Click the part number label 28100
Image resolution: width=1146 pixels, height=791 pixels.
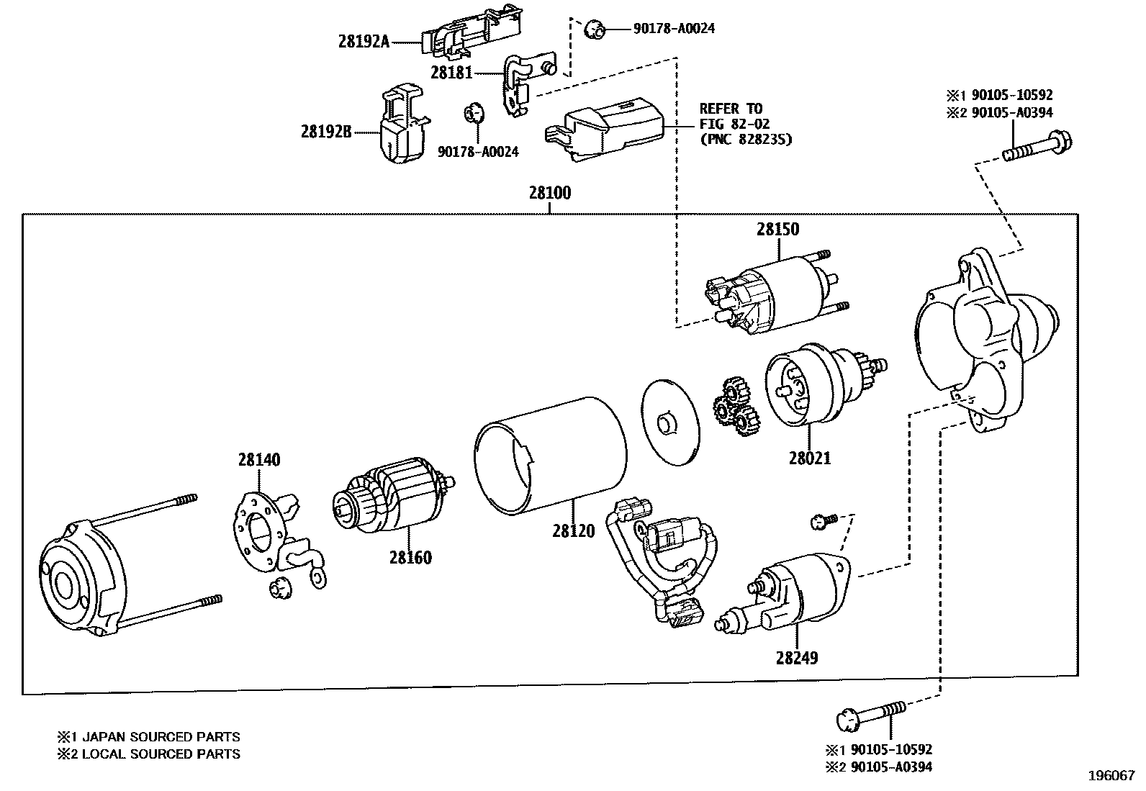549,193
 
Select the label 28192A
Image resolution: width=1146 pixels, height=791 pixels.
364,42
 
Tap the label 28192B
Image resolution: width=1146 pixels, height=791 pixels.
325,132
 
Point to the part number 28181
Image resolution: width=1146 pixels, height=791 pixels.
451,72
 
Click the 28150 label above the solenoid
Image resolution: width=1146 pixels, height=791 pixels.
777,230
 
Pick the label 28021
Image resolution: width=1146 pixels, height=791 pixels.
809,458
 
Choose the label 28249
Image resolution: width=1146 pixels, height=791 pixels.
797,657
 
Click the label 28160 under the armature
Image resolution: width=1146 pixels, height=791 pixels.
410,557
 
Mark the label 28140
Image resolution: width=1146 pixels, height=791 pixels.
259,460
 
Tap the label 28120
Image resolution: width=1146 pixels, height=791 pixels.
574,531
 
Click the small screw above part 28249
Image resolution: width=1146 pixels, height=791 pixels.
823,521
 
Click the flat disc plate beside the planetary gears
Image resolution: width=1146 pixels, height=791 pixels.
668,422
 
